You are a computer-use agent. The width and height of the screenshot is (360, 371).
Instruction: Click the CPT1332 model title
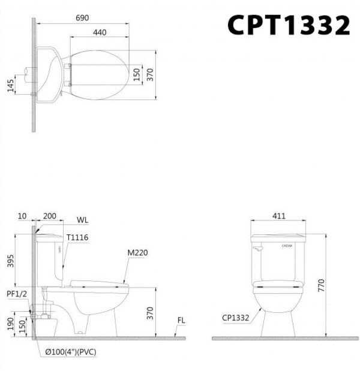(x=289, y=25)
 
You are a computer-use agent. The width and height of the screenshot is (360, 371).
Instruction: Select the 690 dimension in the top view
(x=82, y=18)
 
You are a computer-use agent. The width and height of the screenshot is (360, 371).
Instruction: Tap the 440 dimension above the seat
(x=100, y=32)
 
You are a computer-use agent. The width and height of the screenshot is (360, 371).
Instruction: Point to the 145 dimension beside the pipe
(x=10, y=86)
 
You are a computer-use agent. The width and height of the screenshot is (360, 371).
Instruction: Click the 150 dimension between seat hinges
(x=137, y=74)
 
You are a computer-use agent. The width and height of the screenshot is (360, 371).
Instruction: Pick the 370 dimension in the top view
(x=150, y=74)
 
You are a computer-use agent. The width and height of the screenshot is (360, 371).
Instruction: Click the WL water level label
(x=82, y=220)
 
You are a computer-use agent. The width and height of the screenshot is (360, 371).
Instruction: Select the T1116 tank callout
(x=77, y=237)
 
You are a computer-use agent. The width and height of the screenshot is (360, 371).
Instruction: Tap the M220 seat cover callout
(x=137, y=253)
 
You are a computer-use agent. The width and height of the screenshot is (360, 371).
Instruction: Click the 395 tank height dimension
(x=10, y=261)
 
